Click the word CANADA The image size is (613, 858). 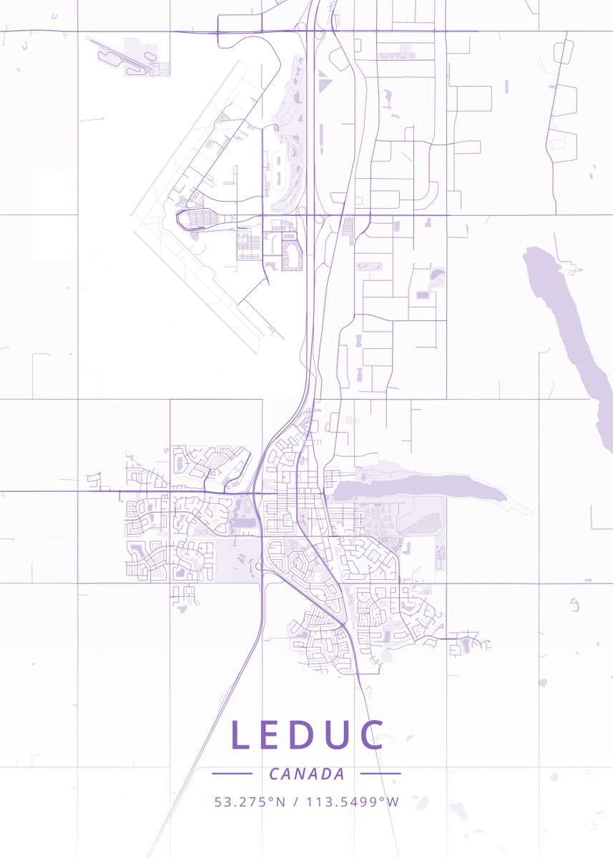[x=307, y=774]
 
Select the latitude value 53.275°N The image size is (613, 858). [x=250, y=802]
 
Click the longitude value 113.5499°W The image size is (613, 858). [x=353, y=802]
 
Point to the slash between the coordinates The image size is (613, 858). [x=295, y=802]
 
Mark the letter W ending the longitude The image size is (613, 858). [x=393, y=802]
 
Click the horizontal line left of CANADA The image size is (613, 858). [x=232, y=774]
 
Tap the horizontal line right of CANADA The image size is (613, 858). [x=381, y=774]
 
